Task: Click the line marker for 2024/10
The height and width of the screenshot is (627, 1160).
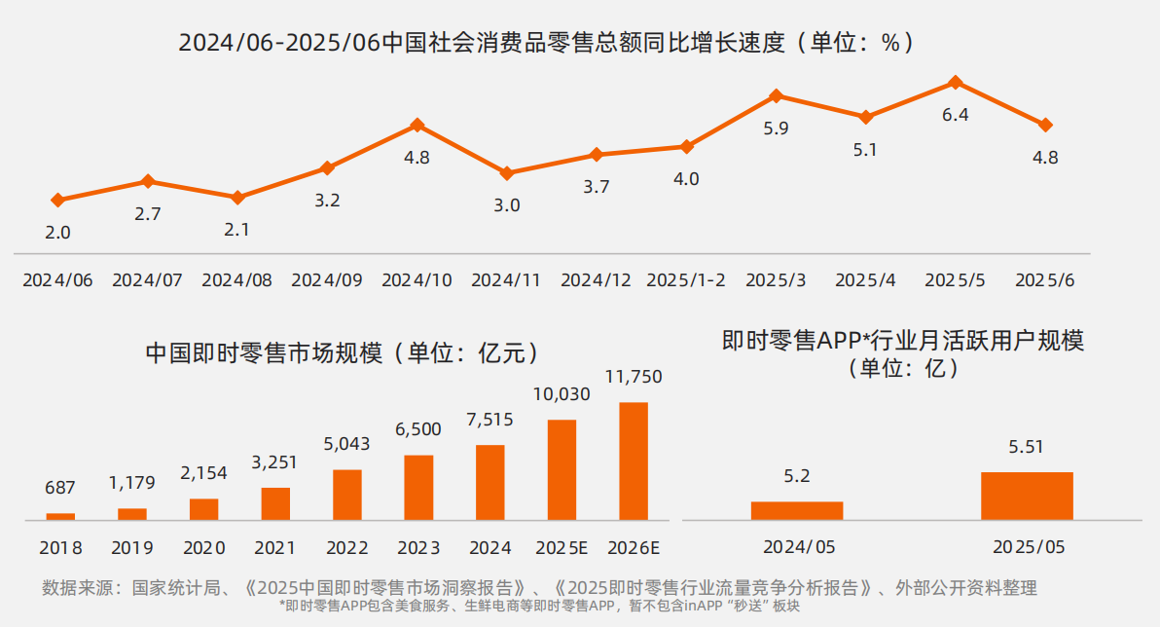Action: (417, 125)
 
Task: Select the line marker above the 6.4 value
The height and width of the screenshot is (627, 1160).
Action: (956, 83)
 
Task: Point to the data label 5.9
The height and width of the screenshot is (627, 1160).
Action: (776, 128)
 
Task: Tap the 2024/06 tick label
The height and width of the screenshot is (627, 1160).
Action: (57, 280)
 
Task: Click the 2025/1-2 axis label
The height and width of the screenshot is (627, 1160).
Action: (686, 280)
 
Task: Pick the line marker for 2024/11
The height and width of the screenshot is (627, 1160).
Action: (507, 173)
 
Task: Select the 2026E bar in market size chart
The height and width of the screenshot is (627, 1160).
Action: (634, 461)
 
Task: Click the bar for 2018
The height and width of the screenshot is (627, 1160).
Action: (60, 516)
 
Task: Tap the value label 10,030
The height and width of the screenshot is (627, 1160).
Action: (562, 394)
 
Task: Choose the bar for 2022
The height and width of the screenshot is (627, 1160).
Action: (346, 495)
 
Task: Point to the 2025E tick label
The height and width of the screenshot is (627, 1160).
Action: (562, 547)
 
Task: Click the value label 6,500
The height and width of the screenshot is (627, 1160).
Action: (418, 429)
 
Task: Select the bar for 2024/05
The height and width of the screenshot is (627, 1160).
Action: (797, 510)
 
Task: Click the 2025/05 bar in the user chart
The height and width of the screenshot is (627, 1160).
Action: (1027, 496)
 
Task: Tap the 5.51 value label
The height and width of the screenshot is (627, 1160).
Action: (1027, 448)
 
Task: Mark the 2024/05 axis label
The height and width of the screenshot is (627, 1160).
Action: (797, 547)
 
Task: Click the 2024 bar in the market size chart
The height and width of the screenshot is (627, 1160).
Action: (490, 482)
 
